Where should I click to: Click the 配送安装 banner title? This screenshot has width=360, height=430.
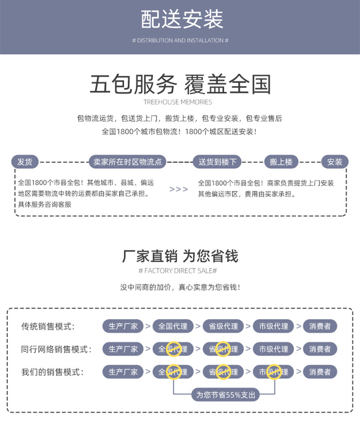point(182,20)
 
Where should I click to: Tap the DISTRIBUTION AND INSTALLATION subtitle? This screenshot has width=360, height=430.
point(180,41)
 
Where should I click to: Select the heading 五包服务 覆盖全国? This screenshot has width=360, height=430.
point(180,84)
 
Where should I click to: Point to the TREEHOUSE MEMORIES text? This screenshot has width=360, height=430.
point(178,102)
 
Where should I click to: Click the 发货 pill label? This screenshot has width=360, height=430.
point(25,162)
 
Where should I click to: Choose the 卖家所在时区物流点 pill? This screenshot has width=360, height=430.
point(127,162)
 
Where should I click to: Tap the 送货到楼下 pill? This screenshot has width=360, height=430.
point(217,162)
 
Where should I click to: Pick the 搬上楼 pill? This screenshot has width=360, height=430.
point(281,162)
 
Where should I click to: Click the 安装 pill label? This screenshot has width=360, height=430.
point(335,162)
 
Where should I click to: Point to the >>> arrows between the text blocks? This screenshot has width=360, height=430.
point(179,189)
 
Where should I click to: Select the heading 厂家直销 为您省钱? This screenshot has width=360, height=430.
point(180,256)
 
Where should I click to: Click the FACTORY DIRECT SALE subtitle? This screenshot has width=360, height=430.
point(177,271)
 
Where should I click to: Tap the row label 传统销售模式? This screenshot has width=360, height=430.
point(48,326)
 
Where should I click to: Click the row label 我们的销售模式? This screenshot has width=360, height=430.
point(52,372)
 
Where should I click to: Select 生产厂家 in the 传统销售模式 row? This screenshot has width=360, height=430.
point(123,326)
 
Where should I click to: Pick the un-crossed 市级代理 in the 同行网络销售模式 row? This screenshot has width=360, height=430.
point(273,349)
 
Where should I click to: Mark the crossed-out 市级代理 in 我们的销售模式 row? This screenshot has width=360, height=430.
point(273,372)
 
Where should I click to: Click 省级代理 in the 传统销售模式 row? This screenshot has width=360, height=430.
point(223,326)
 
